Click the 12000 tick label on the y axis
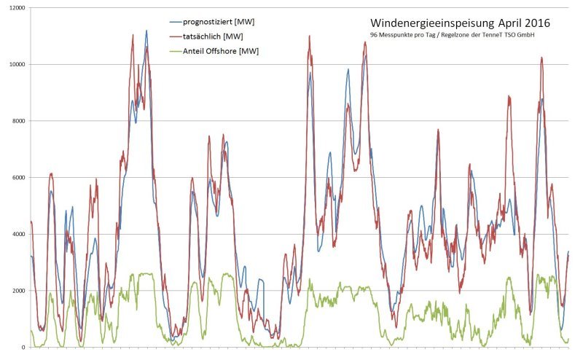15,7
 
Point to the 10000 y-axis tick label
15,64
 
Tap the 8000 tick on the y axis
16,121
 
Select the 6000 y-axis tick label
16,177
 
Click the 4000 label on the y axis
16,234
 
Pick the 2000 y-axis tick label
16,291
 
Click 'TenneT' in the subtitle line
505,35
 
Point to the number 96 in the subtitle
374,35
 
